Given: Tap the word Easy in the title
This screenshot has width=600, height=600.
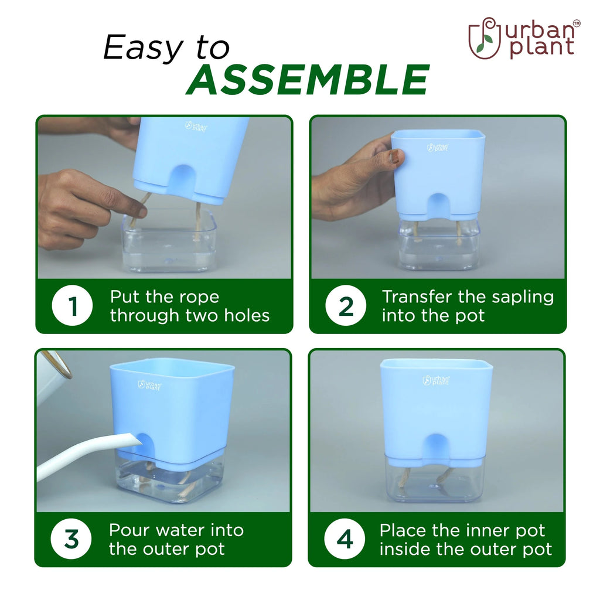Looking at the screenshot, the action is click(x=144, y=47).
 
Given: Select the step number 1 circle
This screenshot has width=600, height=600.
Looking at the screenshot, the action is click(x=72, y=306).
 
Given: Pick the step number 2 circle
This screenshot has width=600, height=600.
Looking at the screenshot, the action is click(x=346, y=306).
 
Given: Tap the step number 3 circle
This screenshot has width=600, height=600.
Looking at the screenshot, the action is click(x=71, y=539).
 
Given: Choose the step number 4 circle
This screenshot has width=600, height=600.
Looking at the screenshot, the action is click(x=345, y=539).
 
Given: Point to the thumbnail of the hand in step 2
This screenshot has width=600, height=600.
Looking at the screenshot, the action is click(x=396, y=156).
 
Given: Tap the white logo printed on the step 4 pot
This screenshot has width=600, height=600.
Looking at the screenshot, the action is click(x=436, y=380).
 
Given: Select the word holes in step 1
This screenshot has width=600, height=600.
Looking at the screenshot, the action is click(x=247, y=316).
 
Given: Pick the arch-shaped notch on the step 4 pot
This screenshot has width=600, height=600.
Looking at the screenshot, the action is click(x=436, y=448).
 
